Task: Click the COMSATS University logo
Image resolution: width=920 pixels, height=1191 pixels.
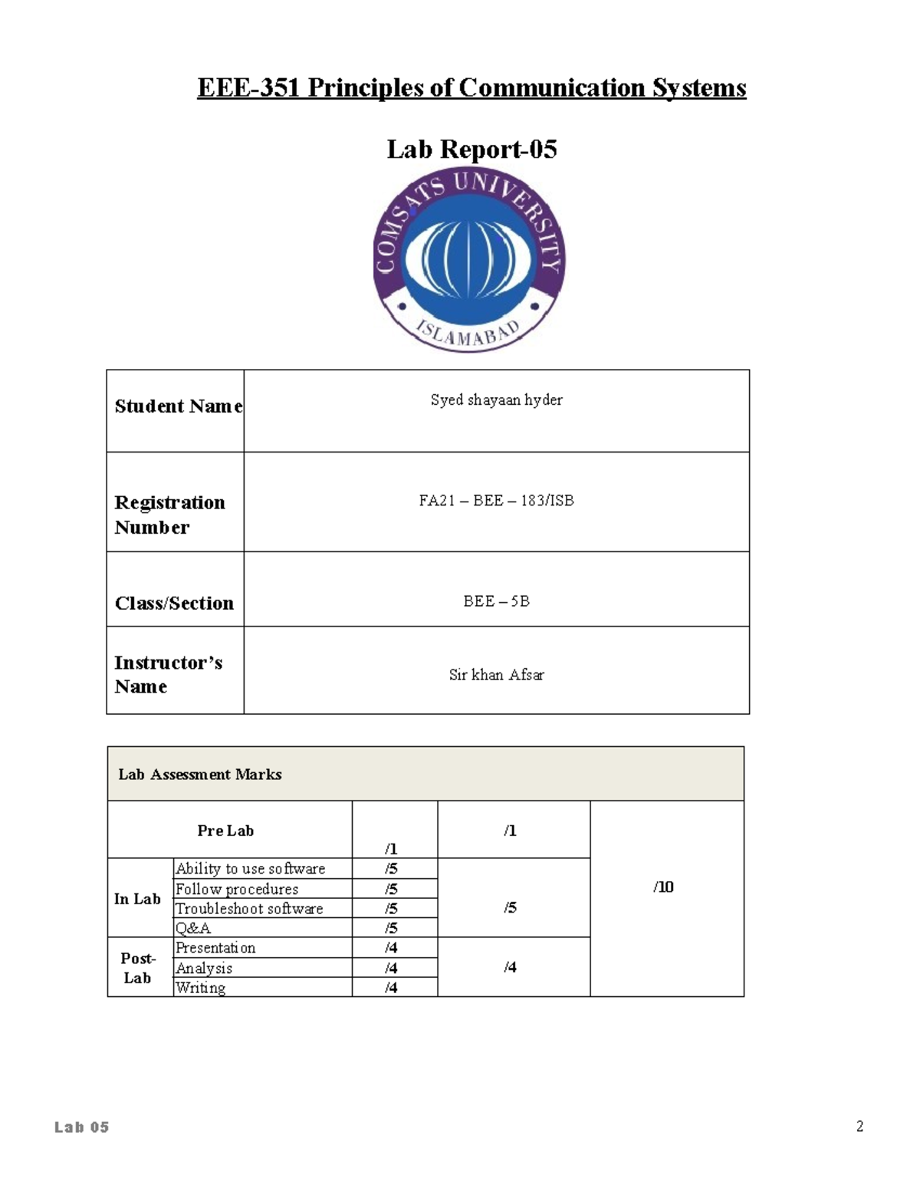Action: pyautogui.click(x=469, y=262)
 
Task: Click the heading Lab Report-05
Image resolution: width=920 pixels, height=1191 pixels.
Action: pyautogui.click(x=472, y=149)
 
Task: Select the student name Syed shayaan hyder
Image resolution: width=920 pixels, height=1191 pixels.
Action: pyautogui.click(x=496, y=400)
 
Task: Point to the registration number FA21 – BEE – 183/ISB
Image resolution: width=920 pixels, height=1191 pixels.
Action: pyautogui.click(x=496, y=501)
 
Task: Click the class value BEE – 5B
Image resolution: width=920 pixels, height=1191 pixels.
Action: pyautogui.click(x=496, y=601)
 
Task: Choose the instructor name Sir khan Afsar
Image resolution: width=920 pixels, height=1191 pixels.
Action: pyautogui.click(x=496, y=675)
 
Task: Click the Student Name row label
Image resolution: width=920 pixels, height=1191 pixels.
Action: pyautogui.click(x=178, y=406)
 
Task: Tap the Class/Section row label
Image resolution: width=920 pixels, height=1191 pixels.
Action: pyautogui.click(x=174, y=604)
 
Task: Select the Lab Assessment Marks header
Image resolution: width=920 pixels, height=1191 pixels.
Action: pyautogui.click(x=200, y=775)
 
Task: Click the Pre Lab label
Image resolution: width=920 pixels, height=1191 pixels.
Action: pyautogui.click(x=225, y=831)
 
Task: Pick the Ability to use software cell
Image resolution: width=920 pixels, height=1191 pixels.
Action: pyautogui.click(x=251, y=869)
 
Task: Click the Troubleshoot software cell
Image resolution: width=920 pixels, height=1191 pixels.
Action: pyautogui.click(x=249, y=909)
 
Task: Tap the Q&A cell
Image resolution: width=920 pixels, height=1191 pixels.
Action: pyautogui.click(x=193, y=928)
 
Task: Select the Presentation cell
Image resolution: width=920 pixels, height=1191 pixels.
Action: pyautogui.click(x=215, y=948)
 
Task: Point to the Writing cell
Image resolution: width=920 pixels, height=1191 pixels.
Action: pyautogui.click(x=201, y=988)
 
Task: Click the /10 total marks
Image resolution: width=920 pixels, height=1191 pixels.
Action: pyautogui.click(x=663, y=887)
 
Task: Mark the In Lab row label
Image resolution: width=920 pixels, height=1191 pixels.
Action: pyautogui.click(x=137, y=899)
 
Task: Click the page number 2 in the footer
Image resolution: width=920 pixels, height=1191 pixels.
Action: pyautogui.click(x=859, y=1127)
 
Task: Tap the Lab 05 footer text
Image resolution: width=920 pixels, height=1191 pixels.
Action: pyautogui.click(x=82, y=1127)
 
